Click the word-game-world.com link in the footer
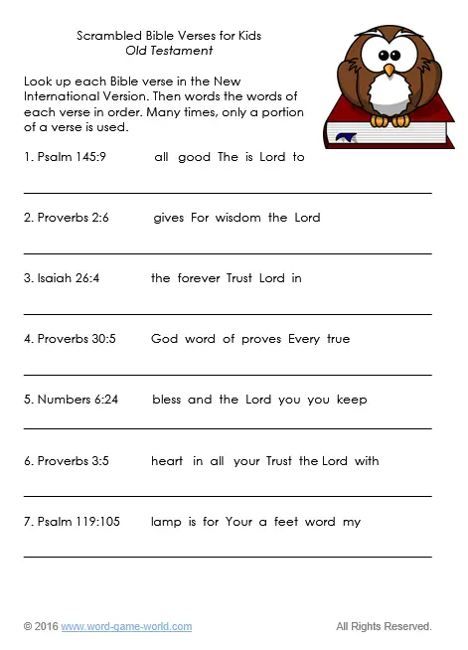[x=126, y=626]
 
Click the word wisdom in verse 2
[x=239, y=218]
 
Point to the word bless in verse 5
[x=167, y=400]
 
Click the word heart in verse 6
[x=167, y=461]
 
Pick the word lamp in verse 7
[x=165, y=522]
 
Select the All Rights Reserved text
[x=384, y=626]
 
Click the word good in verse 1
[x=194, y=157]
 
